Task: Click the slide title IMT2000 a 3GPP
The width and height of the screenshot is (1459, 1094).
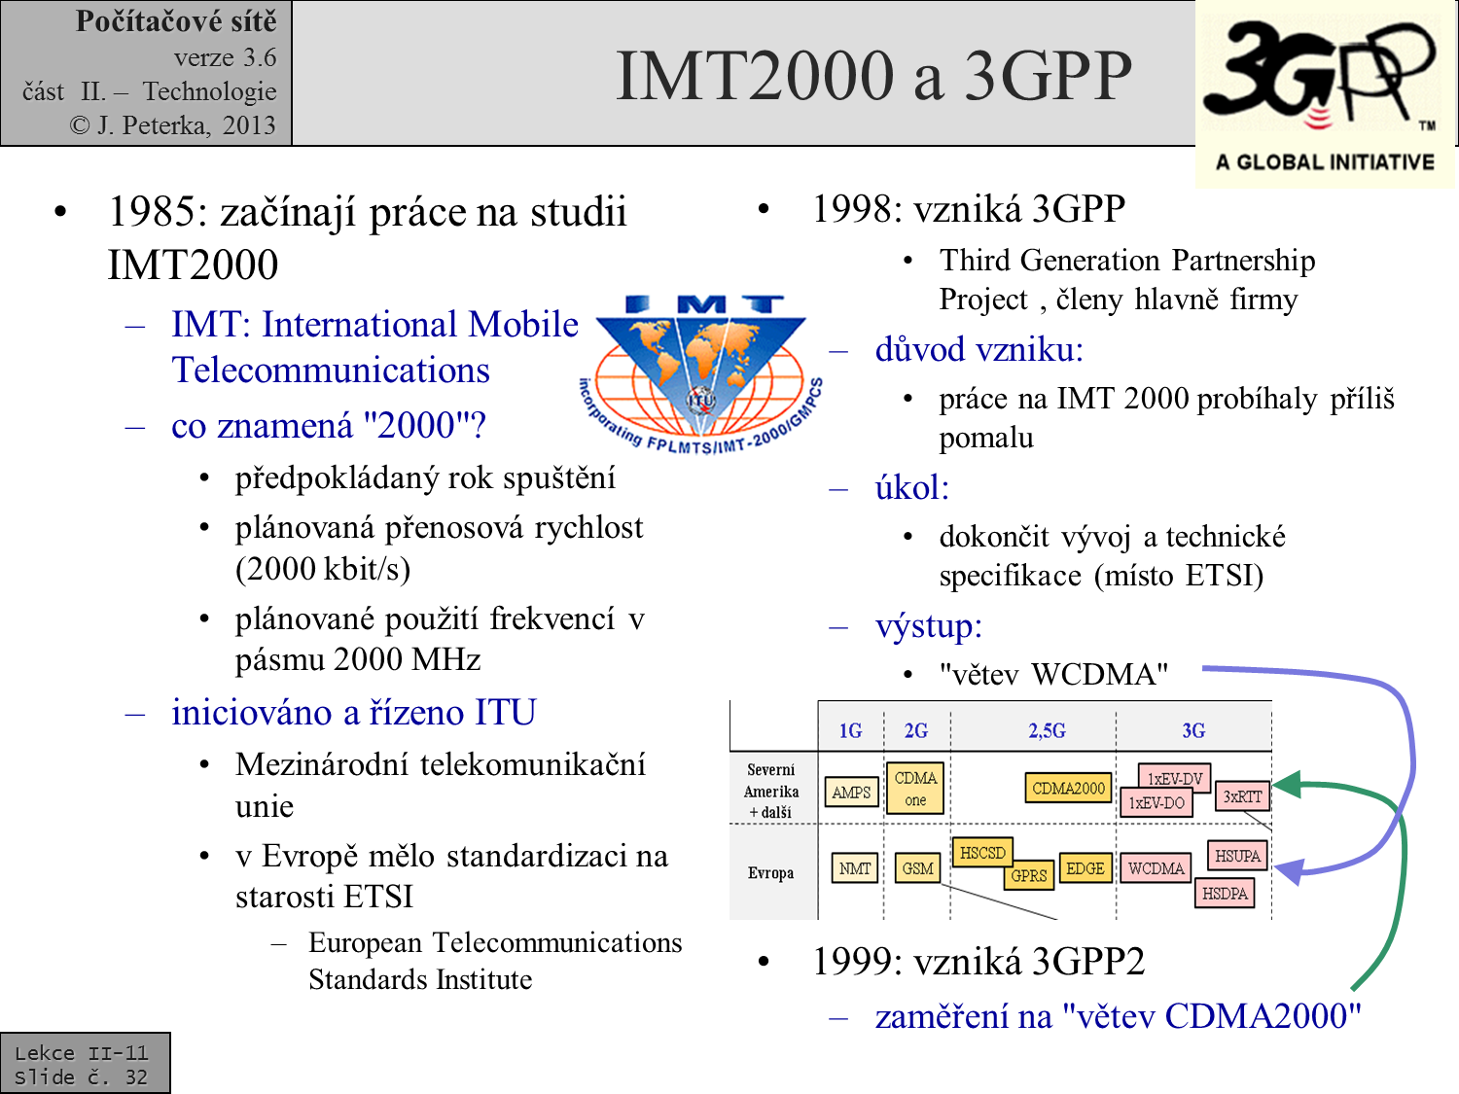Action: (873, 76)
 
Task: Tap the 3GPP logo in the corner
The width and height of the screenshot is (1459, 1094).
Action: (1324, 92)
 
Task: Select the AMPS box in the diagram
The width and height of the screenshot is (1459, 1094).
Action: (851, 793)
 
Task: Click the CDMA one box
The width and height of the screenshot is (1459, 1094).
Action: (915, 789)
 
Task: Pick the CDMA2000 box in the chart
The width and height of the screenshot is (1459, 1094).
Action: (1068, 788)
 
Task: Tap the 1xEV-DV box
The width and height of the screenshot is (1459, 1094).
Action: (1175, 777)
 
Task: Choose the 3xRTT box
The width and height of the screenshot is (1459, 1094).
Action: (1243, 796)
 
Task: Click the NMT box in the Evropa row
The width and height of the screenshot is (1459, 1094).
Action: (855, 868)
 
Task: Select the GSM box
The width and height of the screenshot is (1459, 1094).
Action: (917, 868)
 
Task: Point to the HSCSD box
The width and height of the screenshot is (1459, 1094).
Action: (982, 853)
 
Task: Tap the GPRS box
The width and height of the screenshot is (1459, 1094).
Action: (1028, 875)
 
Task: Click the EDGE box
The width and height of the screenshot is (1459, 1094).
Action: (1085, 868)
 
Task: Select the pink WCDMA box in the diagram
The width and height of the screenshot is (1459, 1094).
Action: (1156, 868)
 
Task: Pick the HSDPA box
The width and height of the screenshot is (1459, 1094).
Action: (1225, 893)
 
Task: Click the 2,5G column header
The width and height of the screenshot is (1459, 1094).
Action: (1047, 730)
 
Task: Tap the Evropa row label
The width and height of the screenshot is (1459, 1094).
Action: (770, 873)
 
